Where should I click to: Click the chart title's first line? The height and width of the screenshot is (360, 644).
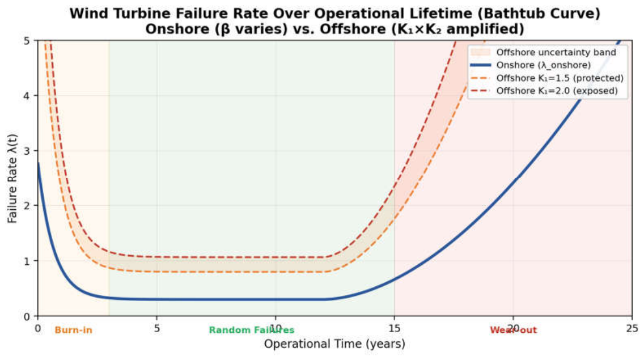click(334, 13)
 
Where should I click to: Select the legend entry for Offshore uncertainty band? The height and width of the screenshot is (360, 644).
click(543, 52)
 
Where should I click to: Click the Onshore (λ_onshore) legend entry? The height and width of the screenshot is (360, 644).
click(531, 65)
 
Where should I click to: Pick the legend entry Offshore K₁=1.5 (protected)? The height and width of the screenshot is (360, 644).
click(547, 78)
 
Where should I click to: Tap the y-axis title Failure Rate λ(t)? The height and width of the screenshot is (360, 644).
click(12, 179)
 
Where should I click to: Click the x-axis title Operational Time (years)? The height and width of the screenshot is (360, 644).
click(334, 344)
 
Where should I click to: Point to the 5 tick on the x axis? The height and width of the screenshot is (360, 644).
click(156, 328)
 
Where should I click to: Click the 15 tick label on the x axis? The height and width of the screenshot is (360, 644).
click(395, 328)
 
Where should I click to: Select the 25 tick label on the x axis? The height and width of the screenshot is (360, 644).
click(632, 328)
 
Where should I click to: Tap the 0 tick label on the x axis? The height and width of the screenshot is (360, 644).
click(38, 328)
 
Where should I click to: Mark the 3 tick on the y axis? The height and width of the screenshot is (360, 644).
click(27, 151)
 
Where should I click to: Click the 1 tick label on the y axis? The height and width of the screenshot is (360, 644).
click(27, 261)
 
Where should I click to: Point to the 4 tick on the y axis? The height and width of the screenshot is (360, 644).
click(27, 96)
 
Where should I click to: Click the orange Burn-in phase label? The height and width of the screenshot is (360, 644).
click(74, 330)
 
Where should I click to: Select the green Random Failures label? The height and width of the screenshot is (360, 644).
click(252, 330)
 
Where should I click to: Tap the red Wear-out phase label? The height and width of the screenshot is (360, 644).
click(513, 330)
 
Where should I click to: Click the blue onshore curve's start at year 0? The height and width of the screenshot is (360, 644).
click(38, 163)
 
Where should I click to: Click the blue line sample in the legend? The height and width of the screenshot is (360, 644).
click(481, 65)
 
